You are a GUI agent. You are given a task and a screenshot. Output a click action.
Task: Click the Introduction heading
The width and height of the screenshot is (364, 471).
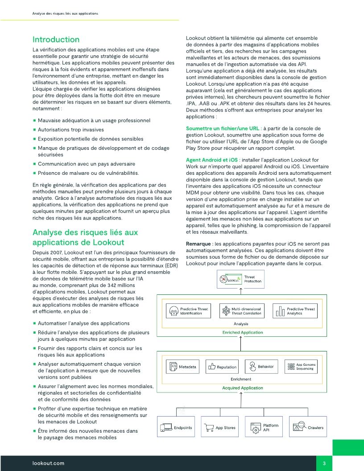click(56, 40)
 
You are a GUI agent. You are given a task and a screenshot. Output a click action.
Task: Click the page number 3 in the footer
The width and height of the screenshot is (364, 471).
click(324, 463)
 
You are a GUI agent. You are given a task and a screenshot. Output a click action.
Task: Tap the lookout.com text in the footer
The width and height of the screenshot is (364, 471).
click(49, 463)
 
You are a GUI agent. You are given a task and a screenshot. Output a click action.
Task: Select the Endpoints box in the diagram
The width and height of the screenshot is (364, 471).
click(176, 428)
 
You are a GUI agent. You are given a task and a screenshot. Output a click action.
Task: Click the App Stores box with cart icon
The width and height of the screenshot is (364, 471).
click(220, 428)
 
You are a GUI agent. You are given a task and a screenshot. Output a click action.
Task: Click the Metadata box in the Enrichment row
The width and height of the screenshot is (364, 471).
click(182, 367)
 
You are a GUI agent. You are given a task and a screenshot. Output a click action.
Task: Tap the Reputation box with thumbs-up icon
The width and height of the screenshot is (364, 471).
click(222, 367)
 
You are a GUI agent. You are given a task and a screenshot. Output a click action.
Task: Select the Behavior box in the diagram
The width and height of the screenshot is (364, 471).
click(261, 367)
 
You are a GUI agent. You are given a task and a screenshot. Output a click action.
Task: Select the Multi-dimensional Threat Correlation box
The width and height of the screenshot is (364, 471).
click(241, 311)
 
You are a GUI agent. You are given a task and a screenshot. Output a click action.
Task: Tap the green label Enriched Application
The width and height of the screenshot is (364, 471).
click(243, 332)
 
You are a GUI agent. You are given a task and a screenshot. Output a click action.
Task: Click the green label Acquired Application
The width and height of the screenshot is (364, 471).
click(243, 388)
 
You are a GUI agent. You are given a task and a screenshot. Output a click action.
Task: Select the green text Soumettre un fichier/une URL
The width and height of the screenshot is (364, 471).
click(222, 128)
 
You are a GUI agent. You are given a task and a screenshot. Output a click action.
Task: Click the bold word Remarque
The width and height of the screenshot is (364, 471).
click(199, 244)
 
